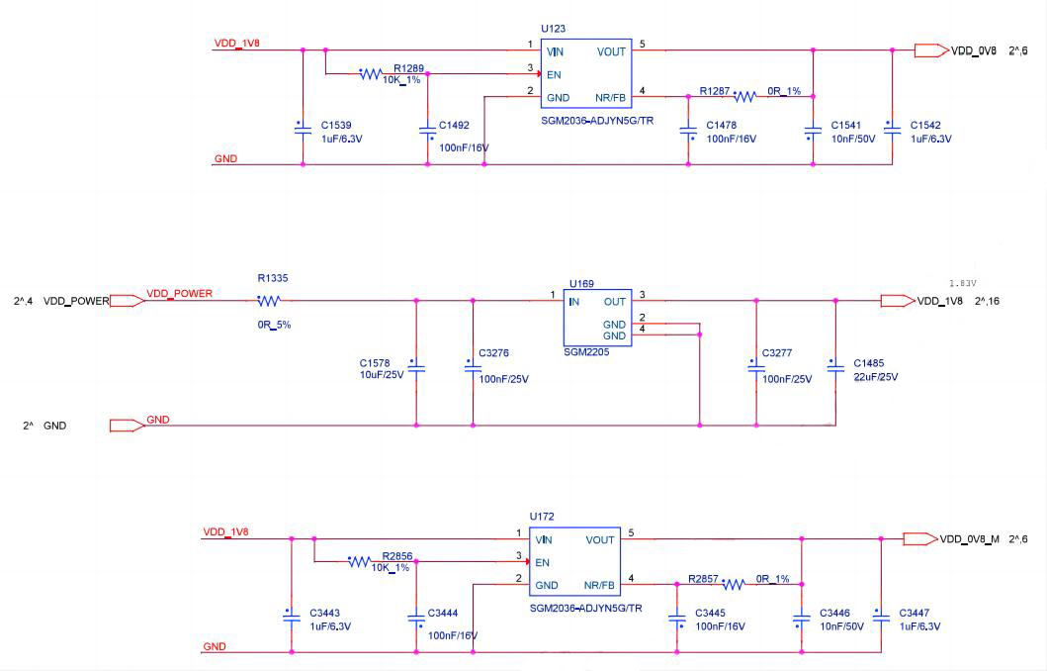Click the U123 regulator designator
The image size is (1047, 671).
click(x=554, y=29)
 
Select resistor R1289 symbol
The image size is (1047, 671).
click(x=371, y=73)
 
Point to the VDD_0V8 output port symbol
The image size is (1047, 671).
click(x=929, y=50)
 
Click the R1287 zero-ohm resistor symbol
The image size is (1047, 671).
click(x=744, y=96)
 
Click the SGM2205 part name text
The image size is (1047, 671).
click(x=586, y=351)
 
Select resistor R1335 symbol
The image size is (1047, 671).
click(x=269, y=301)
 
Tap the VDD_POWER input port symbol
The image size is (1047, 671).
click(x=125, y=301)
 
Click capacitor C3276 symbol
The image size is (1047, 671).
click(x=473, y=366)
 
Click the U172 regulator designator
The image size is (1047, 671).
click(x=542, y=517)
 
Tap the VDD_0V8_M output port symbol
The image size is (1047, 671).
click(x=919, y=539)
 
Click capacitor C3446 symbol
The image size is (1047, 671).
click(x=801, y=619)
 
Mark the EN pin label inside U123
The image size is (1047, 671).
click(x=555, y=74)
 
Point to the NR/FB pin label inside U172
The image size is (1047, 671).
click(x=598, y=585)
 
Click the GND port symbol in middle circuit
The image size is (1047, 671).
click(x=126, y=426)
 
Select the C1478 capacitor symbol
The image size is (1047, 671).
click(x=688, y=131)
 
